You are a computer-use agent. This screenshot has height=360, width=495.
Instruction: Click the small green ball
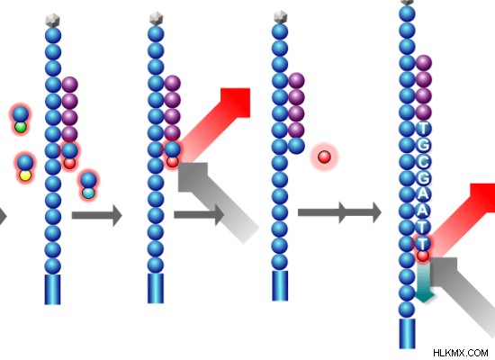pos(21,127)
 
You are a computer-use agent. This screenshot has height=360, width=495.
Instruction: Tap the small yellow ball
pos(25,175)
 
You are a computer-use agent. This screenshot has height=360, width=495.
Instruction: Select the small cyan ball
pos(88,193)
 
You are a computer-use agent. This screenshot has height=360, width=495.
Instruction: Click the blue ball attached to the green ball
pos(21,114)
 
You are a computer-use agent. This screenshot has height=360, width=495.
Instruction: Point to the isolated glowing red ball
pos(324,157)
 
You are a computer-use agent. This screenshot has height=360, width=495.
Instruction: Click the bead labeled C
pos(423,161)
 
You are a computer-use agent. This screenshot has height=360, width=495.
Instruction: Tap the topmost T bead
pos(423,129)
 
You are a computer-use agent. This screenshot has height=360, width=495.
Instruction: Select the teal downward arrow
pos(424,282)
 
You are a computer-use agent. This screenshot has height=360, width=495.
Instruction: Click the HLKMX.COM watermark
pos(461,353)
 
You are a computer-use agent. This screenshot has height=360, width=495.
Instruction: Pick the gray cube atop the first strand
pos(53,20)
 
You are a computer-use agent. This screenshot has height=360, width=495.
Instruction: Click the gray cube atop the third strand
pos(280,17)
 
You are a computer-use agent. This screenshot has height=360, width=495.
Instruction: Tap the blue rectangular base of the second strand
pos(156,288)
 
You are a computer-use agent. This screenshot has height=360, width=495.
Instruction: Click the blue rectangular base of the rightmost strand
pos(407,334)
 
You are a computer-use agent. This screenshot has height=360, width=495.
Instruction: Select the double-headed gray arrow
pos(339,212)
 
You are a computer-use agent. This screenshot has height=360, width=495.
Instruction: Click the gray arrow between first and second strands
pos(96,215)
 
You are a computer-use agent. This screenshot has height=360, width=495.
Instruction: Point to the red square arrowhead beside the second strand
pos(235,103)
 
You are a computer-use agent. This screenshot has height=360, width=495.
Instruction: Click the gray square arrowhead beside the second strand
pos(193,177)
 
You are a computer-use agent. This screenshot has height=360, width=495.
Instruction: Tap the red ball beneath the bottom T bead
pos(423,256)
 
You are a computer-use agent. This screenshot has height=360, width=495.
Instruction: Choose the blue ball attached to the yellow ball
pos(25,163)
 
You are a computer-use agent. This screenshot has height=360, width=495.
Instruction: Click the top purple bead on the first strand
pos(70,85)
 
